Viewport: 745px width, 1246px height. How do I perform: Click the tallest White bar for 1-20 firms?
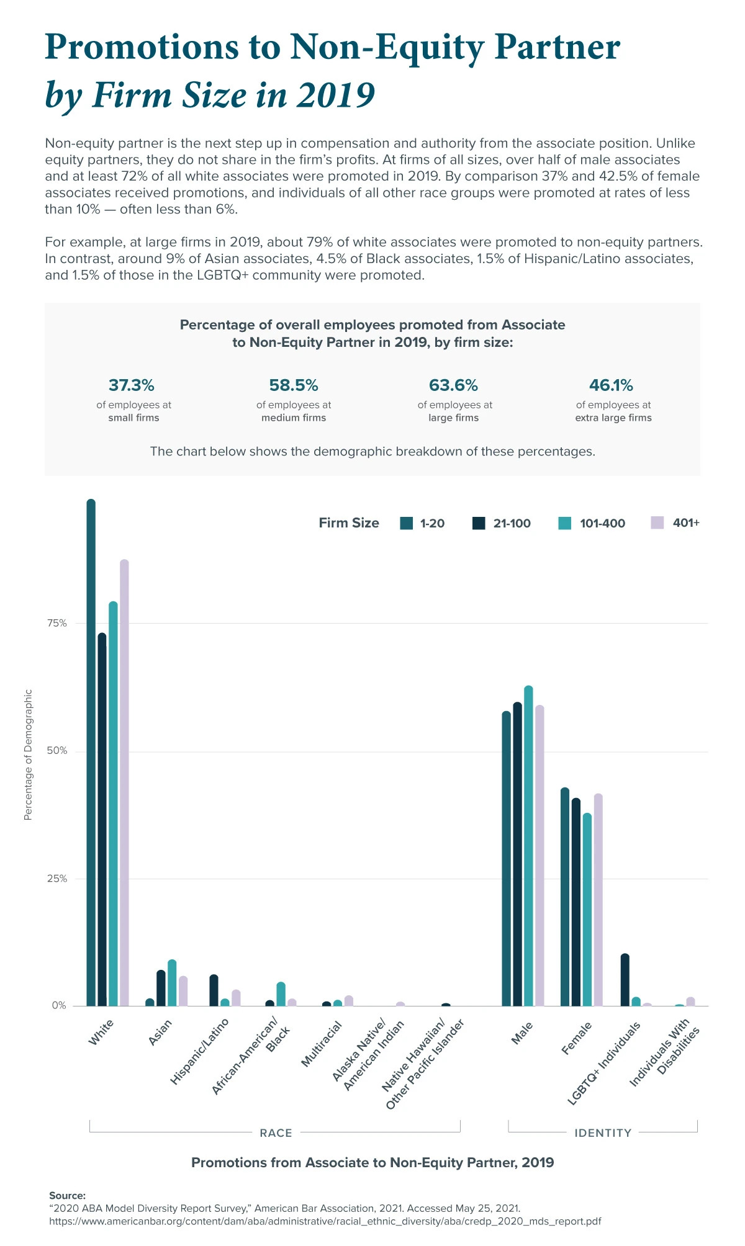pos(91,751)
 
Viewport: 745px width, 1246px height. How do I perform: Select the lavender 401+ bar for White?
pos(124,782)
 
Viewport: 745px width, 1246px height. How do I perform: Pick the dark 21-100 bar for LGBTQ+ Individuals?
pos(625,980)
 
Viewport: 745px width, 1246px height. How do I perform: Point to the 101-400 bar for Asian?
pos(172,983)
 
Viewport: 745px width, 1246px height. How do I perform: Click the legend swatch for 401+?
pos(657,522)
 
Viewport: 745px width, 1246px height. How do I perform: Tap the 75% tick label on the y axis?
pos(56,623)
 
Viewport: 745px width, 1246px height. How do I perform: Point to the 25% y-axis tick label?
pos(56,879)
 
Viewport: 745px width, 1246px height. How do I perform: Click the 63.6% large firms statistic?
pos(453,385)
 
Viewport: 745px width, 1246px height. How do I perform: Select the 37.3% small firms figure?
pos(131,385)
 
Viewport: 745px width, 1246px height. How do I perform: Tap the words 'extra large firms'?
pos(613,418)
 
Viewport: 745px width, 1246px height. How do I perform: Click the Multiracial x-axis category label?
pos(321,1044)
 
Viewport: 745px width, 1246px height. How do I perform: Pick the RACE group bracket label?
pos(276,1133)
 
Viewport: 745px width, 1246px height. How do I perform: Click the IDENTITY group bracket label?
pos(602,1133)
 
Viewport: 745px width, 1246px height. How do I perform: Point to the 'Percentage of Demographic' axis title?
pos(28,755)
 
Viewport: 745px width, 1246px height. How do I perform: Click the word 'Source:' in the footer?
pos(67,1195)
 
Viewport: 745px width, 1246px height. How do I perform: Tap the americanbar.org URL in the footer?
pos(325,1221)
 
